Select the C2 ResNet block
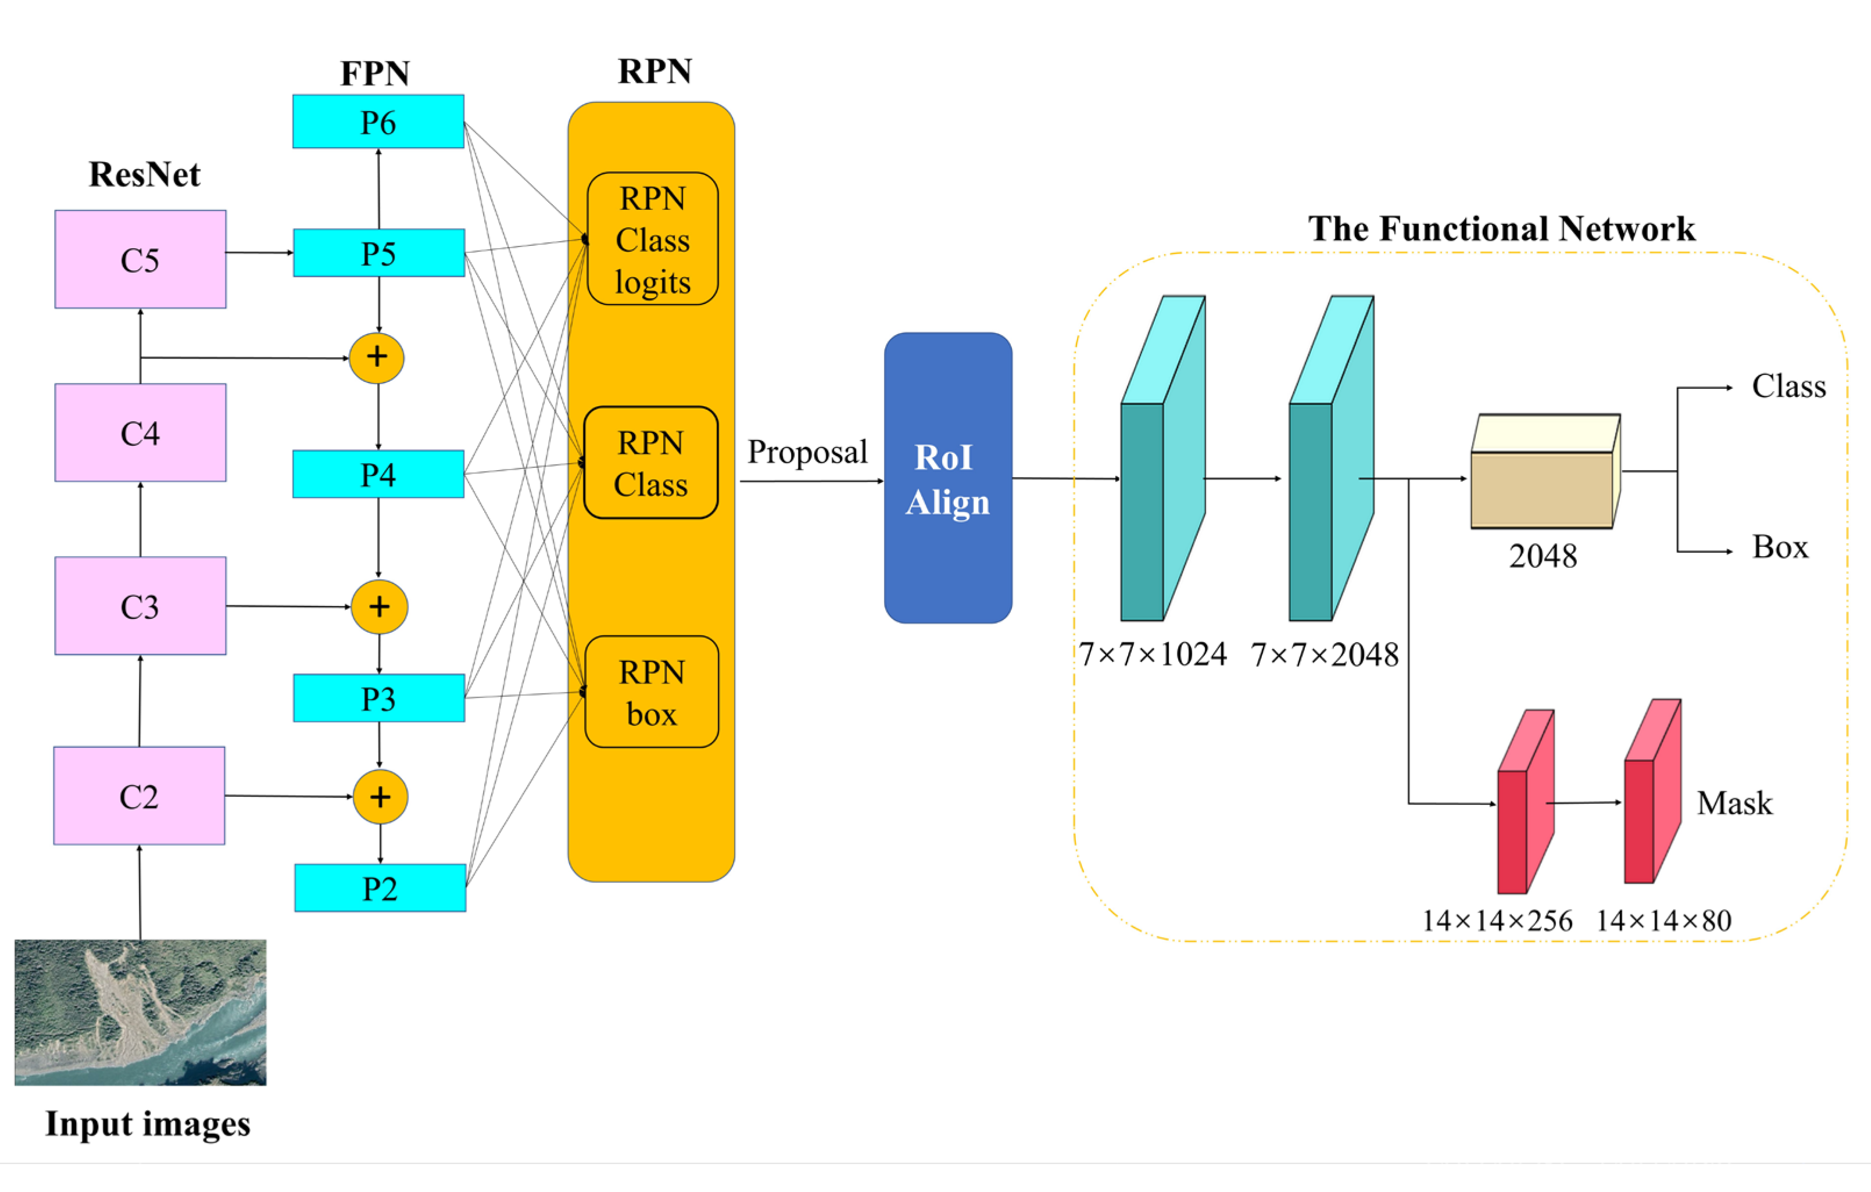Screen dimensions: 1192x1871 (x=139, y=796)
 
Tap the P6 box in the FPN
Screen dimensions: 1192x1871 (x=378, y=122)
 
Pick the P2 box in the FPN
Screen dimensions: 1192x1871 (x=380, y=887)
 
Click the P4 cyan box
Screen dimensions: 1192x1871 (x=378, y=474)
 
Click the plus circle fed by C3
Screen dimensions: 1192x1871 (x=379, y=607)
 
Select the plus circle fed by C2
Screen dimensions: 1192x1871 (x=380, y=796)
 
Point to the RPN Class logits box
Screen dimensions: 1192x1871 (x=653, y=239)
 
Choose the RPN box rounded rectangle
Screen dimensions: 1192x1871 (x=652, y=692)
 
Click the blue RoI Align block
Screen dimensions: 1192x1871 (x=948, y=478)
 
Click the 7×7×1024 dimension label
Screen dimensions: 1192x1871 (x=1152, y=654)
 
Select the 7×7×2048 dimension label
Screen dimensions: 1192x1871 (x=1325, y=655)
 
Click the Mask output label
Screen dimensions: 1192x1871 (x=1734, y=803)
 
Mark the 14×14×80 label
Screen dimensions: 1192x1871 (x=1663, y=921)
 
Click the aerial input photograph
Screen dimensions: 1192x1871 (x=141, y=1012)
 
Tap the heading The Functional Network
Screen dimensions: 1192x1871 (x=1501, y=228)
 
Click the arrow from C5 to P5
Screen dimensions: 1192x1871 (x=259, y=253)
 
